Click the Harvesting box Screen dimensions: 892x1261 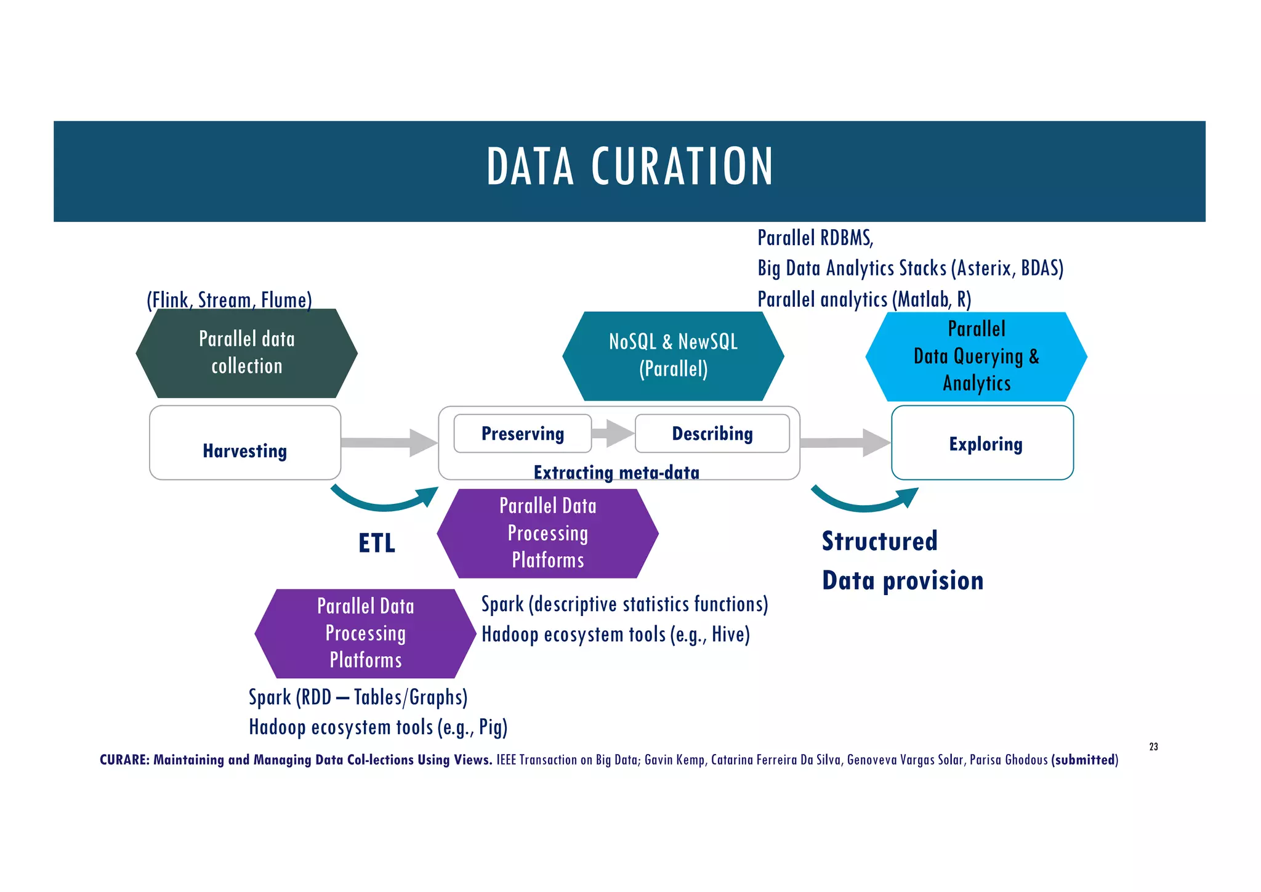[245, 443]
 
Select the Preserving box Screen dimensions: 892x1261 [522, 434]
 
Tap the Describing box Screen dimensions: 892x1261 [712, 434]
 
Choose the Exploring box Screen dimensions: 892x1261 [983, 443]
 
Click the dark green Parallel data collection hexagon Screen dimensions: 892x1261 [246, 353]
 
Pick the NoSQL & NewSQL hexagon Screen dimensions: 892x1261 [673, 356]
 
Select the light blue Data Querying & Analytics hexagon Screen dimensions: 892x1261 [977, 357]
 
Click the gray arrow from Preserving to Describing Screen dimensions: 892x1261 [613, 433]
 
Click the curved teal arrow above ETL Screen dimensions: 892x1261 [385, 499]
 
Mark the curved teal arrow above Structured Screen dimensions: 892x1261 [864, 500]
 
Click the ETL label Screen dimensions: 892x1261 [377, 543]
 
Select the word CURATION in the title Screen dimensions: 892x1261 [682, 167]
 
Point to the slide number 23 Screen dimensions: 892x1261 [1153, 747]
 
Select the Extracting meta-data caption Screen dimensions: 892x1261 [616, 472]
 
